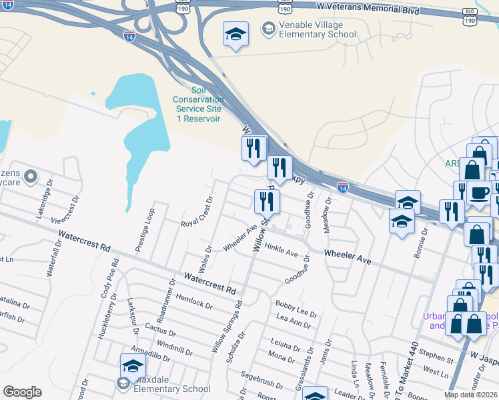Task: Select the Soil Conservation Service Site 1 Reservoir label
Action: (197, 104)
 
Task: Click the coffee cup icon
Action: (478, 193)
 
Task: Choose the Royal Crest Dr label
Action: (197, 211)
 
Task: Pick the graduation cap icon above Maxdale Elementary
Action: (133, 366)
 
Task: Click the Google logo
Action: (22, 392)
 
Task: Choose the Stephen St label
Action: (438, 357)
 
